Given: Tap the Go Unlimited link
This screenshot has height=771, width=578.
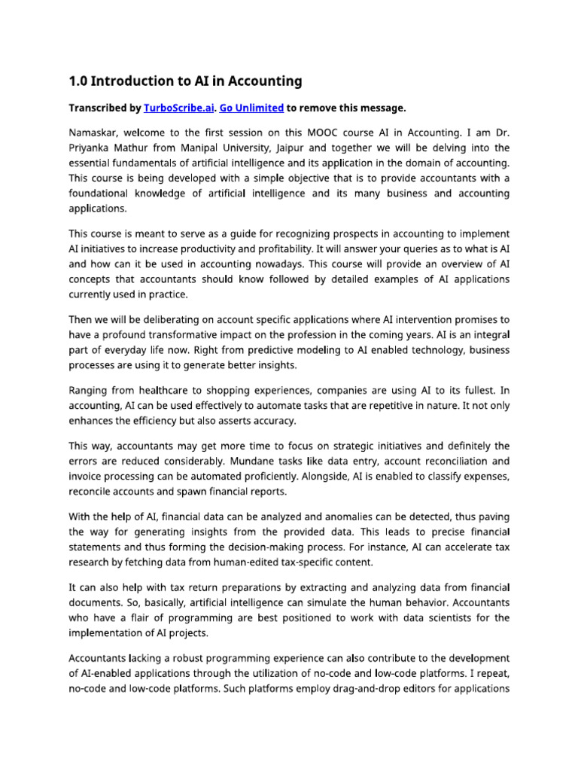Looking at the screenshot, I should [x=251, y=108].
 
